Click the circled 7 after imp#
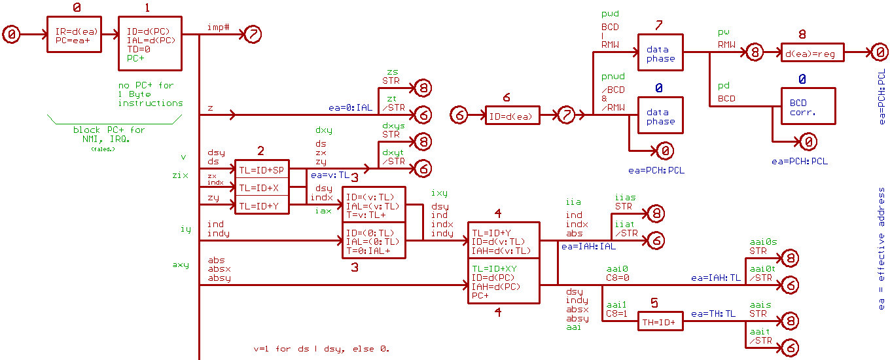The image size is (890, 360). point(253,35)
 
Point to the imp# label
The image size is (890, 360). point(217,28)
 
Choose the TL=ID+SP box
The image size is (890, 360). point(262,170)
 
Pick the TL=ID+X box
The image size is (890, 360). point(262,187)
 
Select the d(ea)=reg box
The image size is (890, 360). point(812,52)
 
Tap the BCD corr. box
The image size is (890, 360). point(808,107)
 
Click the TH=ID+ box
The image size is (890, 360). point(656,321)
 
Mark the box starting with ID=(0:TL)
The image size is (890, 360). point(374,241)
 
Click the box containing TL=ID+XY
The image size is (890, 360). point(503,281)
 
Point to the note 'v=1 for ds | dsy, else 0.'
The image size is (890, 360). point(326,349)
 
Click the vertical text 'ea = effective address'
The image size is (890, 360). point(881,249)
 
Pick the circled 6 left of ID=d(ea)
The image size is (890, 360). point(460,116)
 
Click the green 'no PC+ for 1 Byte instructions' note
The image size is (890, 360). point(151,94)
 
